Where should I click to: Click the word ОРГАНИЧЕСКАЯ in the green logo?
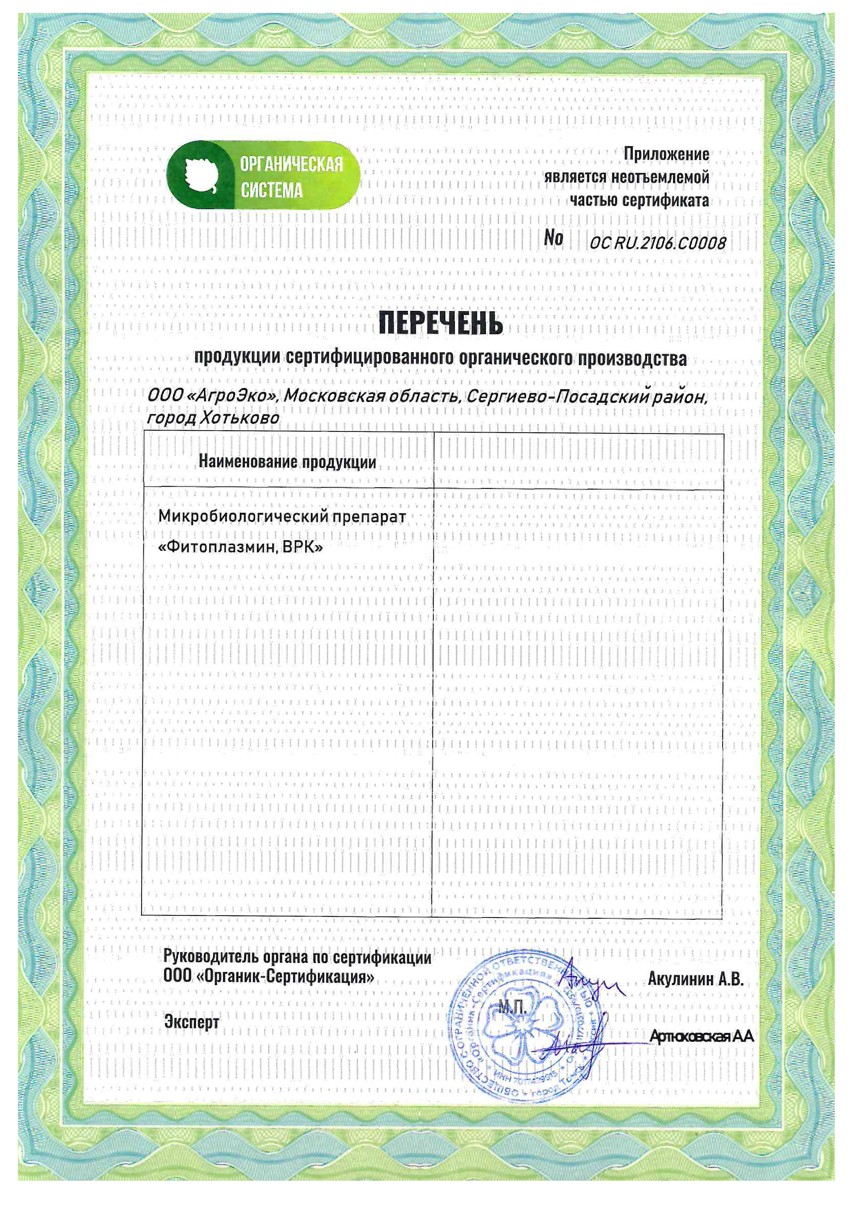coord(291,165)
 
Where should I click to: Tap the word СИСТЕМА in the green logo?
coord(272,190)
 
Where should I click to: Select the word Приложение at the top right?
coord(666,154)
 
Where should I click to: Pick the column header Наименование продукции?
coord(288,462)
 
